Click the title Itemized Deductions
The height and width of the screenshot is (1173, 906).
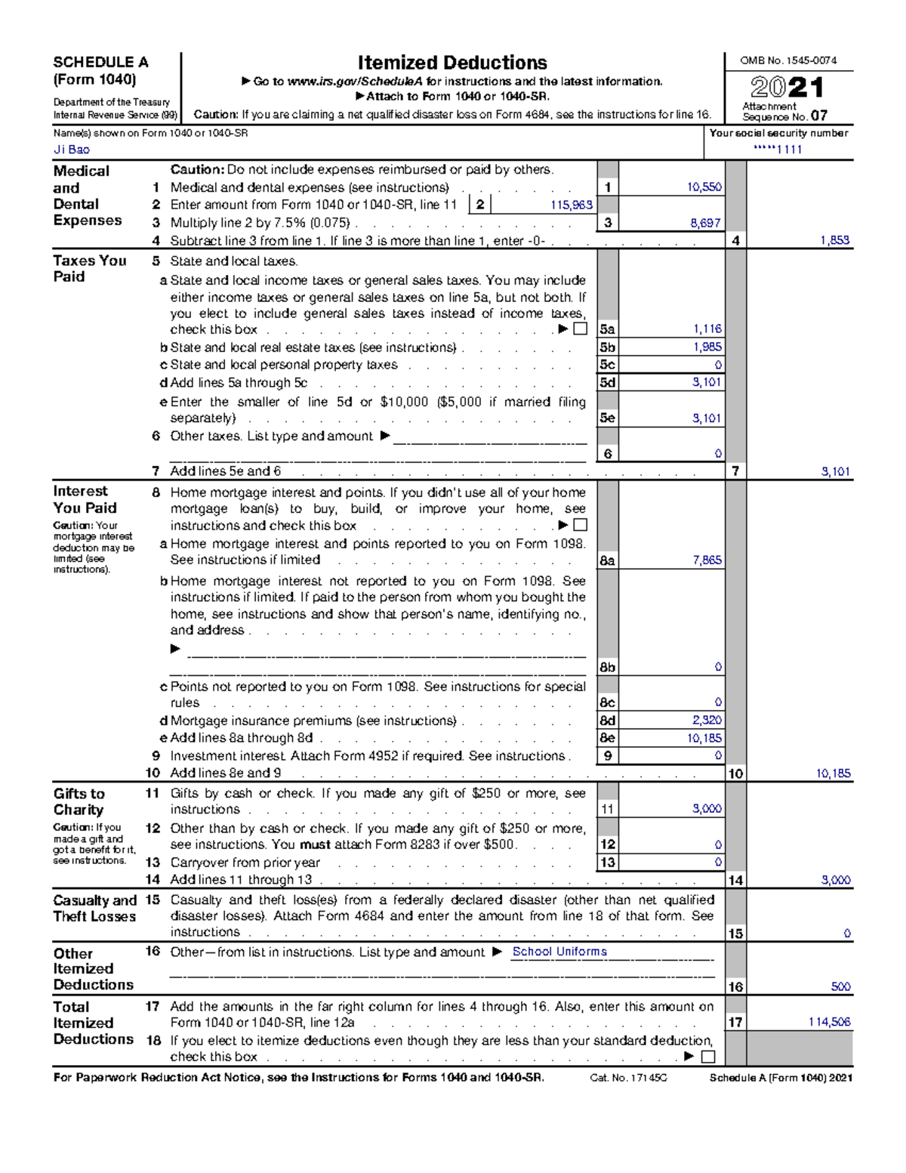click(451, 63)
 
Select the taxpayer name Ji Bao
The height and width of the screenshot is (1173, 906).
click(72, 150)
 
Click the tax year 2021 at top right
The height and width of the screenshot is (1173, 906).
click(787, 88)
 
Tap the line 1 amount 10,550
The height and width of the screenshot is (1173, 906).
click(704, 187)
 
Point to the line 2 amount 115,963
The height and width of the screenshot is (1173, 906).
click(571, 205)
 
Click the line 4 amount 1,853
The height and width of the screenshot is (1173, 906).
click(834, 240)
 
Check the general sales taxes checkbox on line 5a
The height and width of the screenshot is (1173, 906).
click(580, 329)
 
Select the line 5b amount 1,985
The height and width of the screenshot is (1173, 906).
click(707, 347)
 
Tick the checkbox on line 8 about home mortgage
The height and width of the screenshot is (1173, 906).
click(580, 525)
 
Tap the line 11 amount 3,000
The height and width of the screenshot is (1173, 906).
click(707, 808)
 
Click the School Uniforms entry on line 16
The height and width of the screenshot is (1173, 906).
click(559, 952)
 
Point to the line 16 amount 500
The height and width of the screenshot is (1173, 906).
click(840, 986)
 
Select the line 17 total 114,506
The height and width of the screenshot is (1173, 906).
click(829, 1022)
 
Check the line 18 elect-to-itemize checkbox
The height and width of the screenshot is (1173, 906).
click(707, 1057)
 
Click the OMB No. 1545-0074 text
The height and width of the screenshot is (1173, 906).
click(787, 60)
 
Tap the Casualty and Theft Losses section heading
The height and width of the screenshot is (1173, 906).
click(94, 908)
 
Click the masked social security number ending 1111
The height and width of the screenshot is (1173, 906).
click(778, 150)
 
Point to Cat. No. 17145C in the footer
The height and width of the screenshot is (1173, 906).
click(628, 1078)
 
